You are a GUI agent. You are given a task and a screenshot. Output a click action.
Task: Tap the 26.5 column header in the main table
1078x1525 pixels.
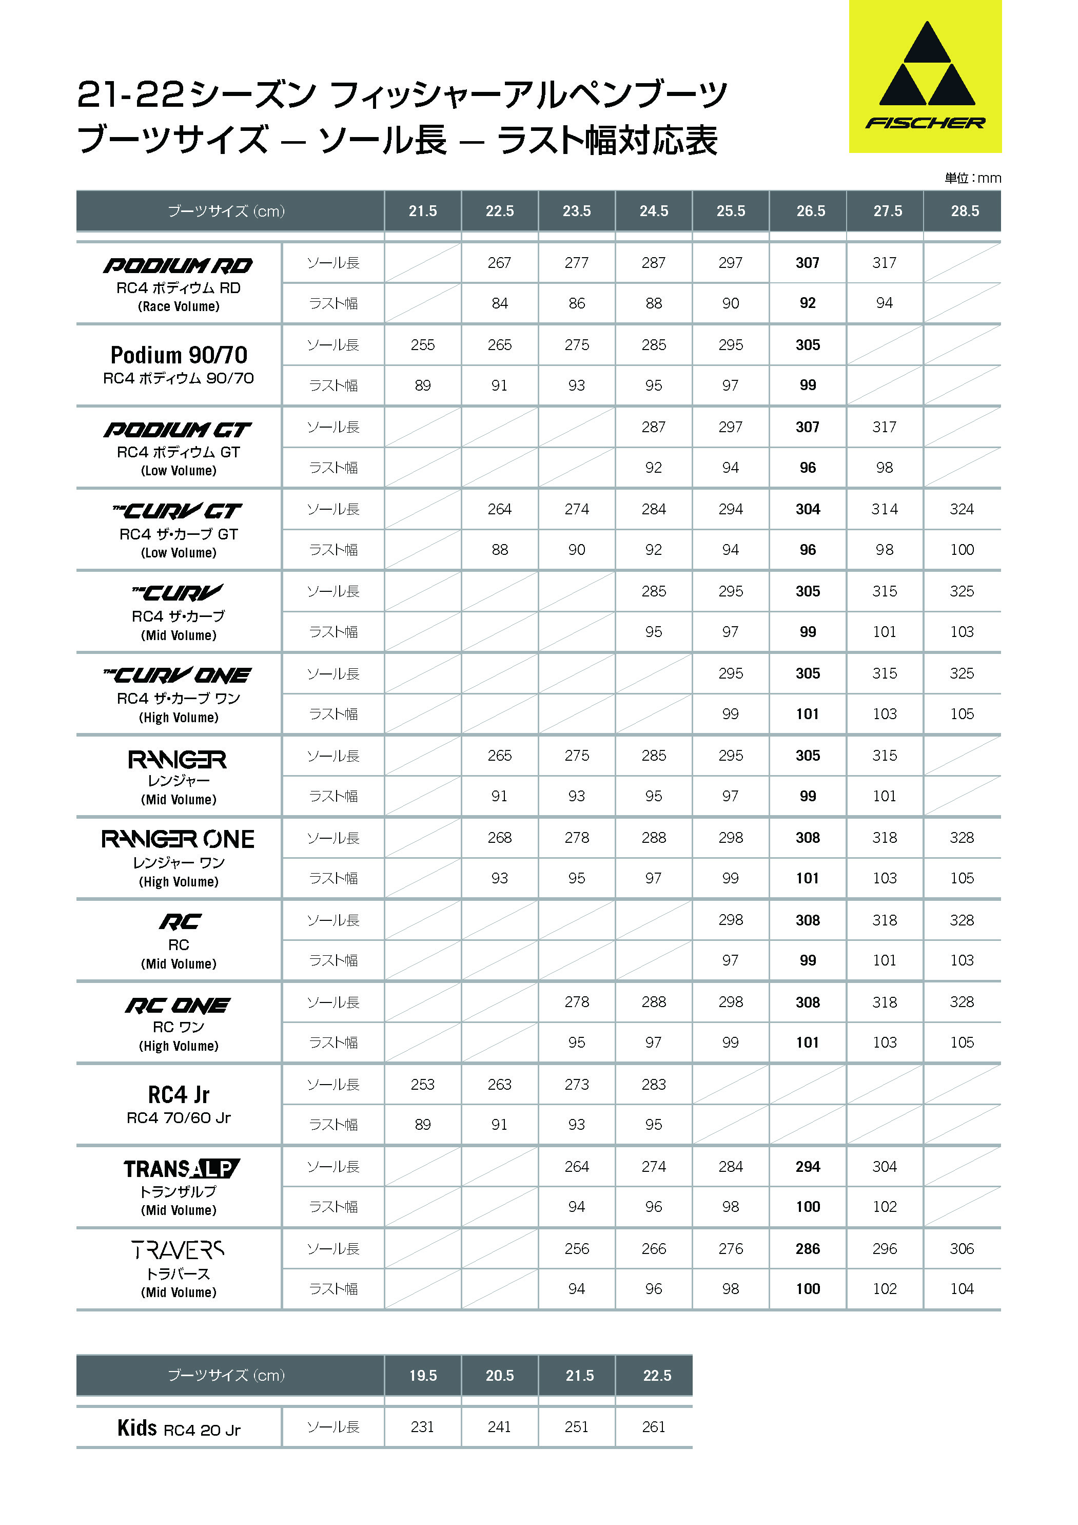[x=811, y=211]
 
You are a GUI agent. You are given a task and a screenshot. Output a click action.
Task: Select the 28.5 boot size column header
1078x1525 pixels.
[x=965, y=211]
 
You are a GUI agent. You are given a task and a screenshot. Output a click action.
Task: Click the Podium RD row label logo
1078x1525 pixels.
[x=178, y=266]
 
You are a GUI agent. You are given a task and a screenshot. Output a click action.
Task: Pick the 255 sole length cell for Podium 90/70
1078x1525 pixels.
[x=422, y=345]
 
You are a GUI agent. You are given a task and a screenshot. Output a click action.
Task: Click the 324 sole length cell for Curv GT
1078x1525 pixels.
[x=962, y=509]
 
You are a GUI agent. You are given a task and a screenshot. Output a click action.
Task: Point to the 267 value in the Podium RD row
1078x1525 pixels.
[x=499, y=263]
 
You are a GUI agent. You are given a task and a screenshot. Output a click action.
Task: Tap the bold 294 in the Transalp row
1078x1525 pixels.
[x=808, y=1167]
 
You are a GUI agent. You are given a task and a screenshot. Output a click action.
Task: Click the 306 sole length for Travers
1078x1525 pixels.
[x=962, y=1249]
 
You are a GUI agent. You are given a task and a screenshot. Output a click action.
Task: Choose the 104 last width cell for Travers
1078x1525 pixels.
[x=962, y=1289]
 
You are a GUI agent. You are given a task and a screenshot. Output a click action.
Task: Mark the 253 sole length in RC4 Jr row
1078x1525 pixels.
[x=422, y=1085]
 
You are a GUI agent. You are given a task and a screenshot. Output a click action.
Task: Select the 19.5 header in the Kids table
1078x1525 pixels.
[x=423, y=1376]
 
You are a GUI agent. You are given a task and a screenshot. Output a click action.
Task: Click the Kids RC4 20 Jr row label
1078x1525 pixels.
[x=179, y=1428]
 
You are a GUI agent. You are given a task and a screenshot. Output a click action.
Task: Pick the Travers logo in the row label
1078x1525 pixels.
[x=178, y=1251]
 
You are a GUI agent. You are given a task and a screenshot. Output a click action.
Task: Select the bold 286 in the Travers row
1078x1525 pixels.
[x=808, y=1249]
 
